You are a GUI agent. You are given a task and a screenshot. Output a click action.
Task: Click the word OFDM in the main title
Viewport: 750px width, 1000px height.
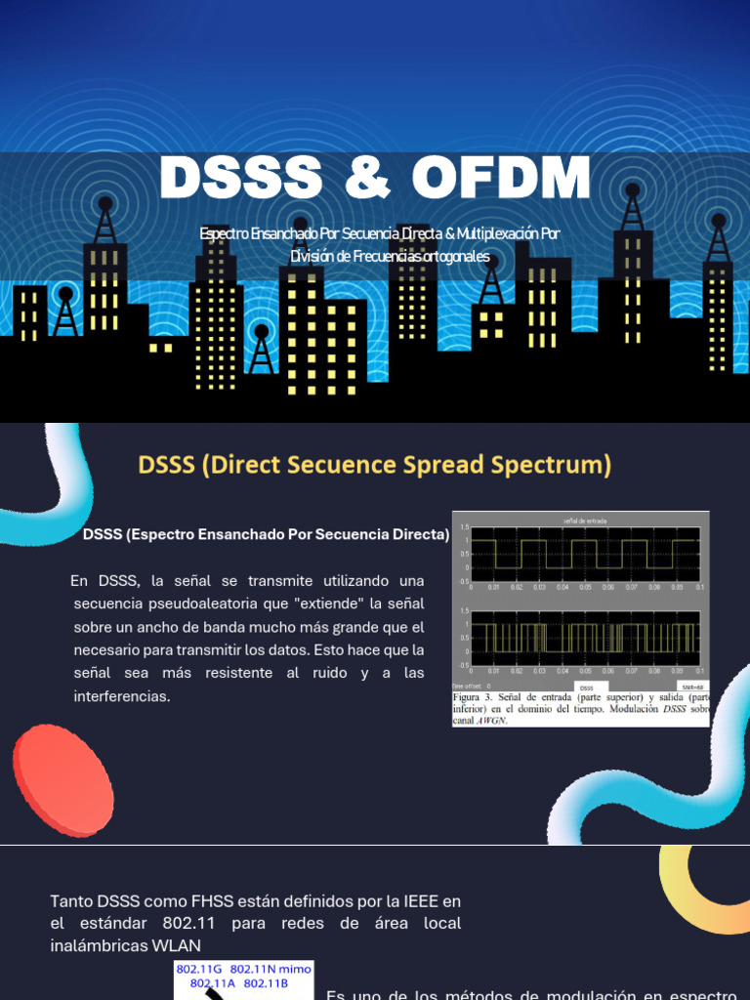[501, 179]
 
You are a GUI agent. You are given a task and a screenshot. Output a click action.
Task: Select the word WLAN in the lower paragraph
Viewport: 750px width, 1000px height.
[177, 945]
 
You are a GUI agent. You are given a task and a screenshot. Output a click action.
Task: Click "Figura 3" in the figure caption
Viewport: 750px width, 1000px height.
[476, 699]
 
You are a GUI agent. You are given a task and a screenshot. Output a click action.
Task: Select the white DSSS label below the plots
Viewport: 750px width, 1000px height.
[586, 688]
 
